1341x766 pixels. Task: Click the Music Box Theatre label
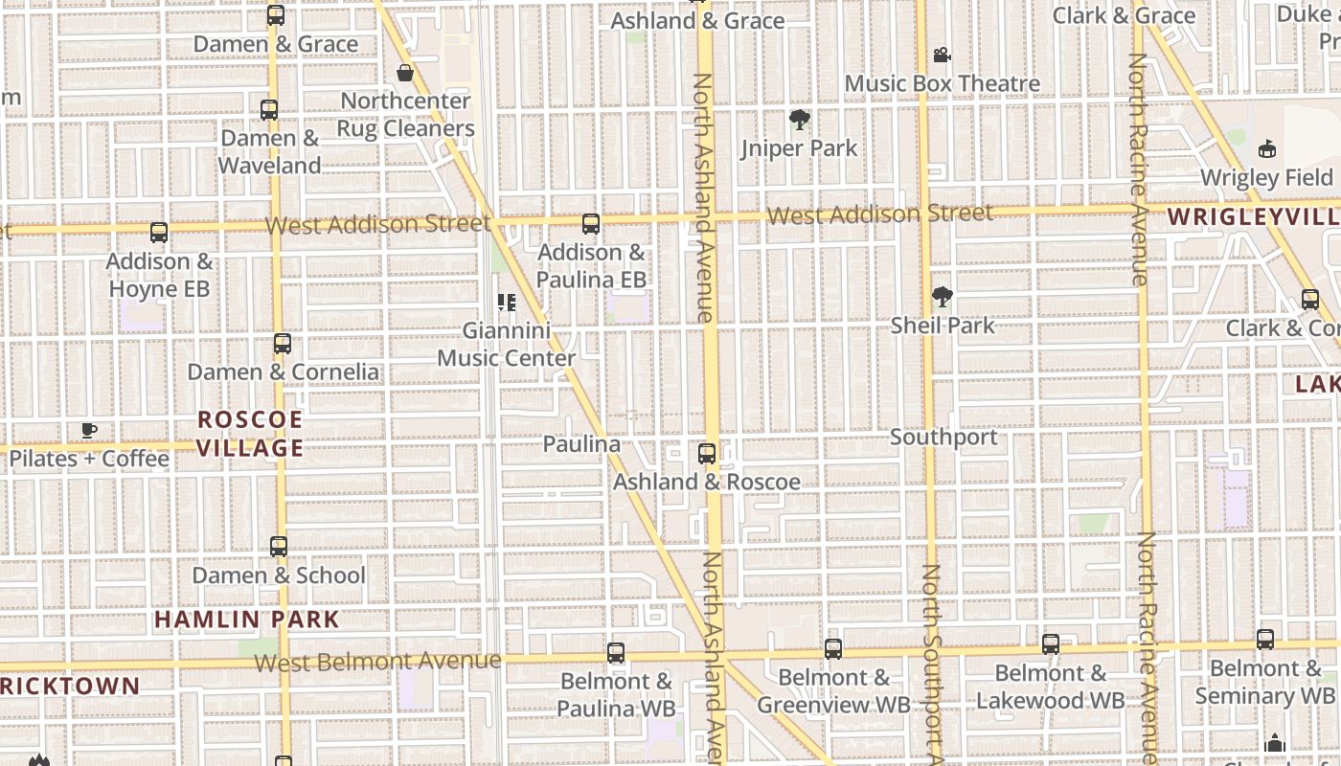click(x=942, y=84)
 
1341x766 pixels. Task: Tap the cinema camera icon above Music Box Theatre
click(x=943, y=56)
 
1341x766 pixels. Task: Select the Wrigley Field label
click(x=1266, y=178)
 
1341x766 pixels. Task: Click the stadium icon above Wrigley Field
click(x=1267, y=149)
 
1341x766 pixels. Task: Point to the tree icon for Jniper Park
click(x=799, y=120)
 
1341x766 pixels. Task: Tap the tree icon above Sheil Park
click(x=943, y=297)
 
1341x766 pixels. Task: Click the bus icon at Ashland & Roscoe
click(x=707, y=454)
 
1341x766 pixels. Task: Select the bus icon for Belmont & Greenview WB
click(x=833, y=649)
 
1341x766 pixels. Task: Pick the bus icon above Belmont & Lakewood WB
click(x=1051, y=644)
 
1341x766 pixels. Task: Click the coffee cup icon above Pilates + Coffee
click(x=89, y=430)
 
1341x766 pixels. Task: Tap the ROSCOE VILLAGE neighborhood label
click(x=250, y=434)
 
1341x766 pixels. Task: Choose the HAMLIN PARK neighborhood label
click(x=247, y=620)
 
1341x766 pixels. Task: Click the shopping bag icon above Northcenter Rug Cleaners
click(x=405, y=73)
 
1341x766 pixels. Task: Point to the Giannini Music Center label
click(x=507, y=345)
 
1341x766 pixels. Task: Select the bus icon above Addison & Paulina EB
click(x=591, y=224)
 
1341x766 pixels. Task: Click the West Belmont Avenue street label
click(x=377, y=662)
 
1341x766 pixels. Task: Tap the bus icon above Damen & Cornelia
click(x=283, y=344)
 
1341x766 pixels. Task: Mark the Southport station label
click(x=943, y=438)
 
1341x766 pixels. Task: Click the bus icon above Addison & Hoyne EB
click(x=159, y=233)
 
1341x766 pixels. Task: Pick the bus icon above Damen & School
click(x=279, y=547)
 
